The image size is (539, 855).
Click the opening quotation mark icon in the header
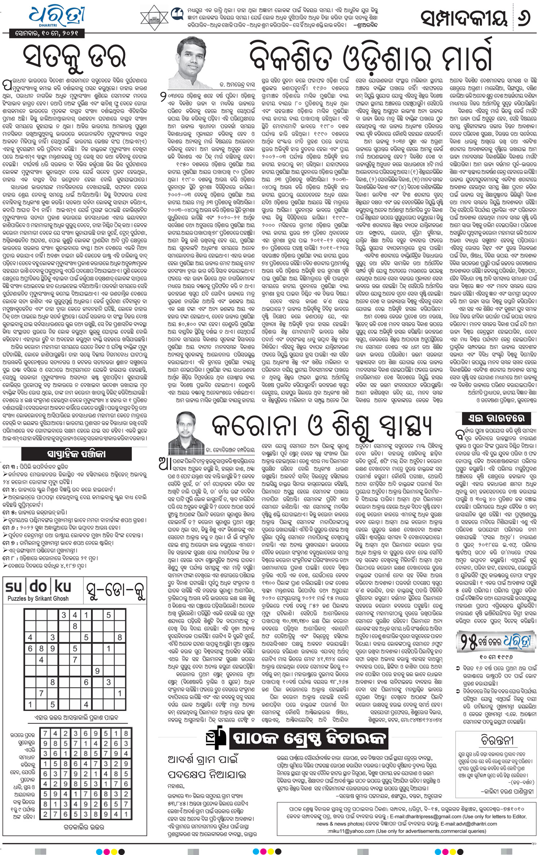[x=176, y=14]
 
